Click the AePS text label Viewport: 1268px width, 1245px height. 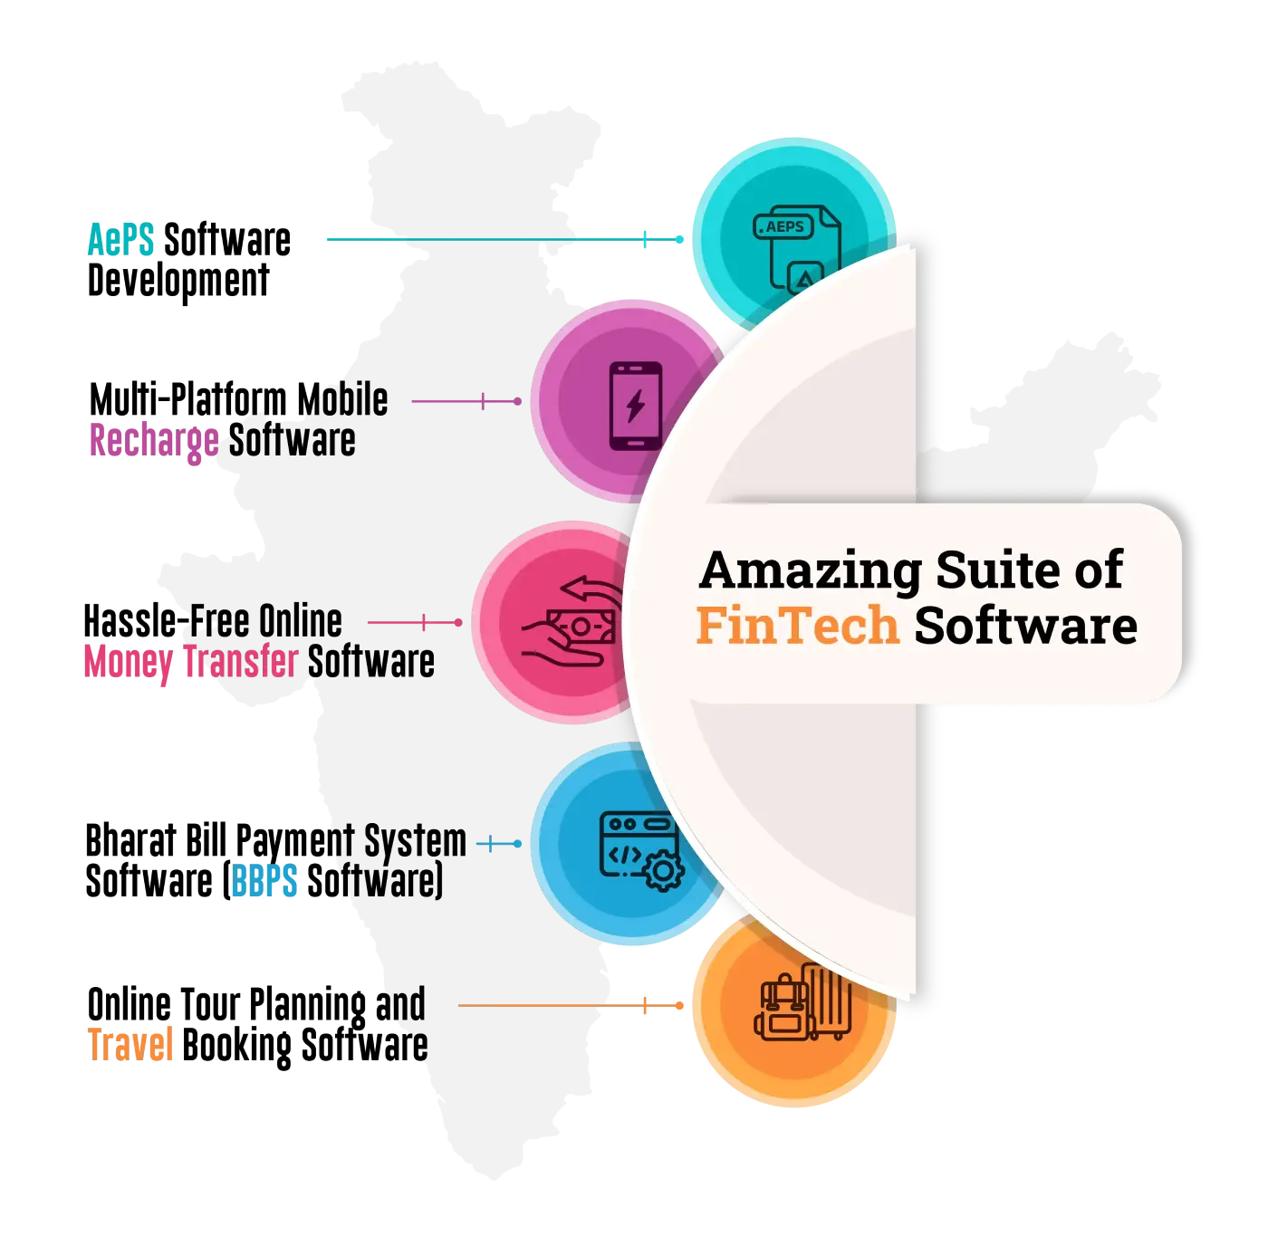click(x=122, y=239)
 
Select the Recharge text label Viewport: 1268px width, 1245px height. click(x=153, y=441)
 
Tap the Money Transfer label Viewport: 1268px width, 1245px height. click(x=189, y=660)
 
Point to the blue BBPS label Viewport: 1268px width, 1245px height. click(x=264, y=880)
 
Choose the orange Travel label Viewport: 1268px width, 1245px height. click(x=130, y=1043)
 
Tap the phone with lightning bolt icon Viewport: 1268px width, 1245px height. click(x=636, y=405)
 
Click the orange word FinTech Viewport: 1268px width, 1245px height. click(x=797, y=626)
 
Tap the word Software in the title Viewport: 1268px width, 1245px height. click(x=1025, y=626)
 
